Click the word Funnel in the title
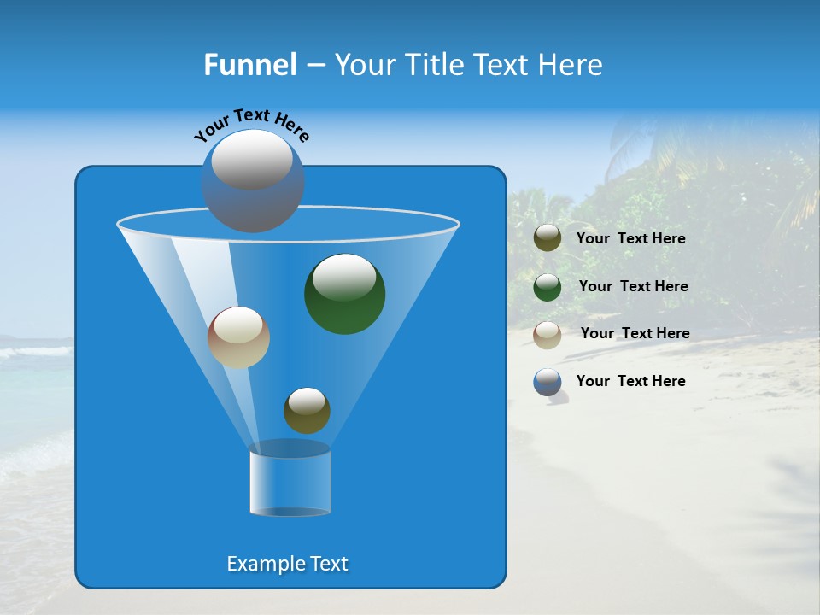[249, 65]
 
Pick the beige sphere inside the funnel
[238, 338]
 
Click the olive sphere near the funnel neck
[307, 412]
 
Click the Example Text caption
[288, 564]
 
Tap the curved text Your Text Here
[252, 124]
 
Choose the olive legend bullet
[548, 238]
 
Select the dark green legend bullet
[548, 286]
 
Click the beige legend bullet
[548, 334]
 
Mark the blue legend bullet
[548, 381]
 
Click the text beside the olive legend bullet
[630, 239]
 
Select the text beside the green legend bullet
[633, 286]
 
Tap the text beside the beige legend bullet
[635, 333]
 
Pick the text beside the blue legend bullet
[630, 381]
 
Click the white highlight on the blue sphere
[252, 160]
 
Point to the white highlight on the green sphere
[344, 276]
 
